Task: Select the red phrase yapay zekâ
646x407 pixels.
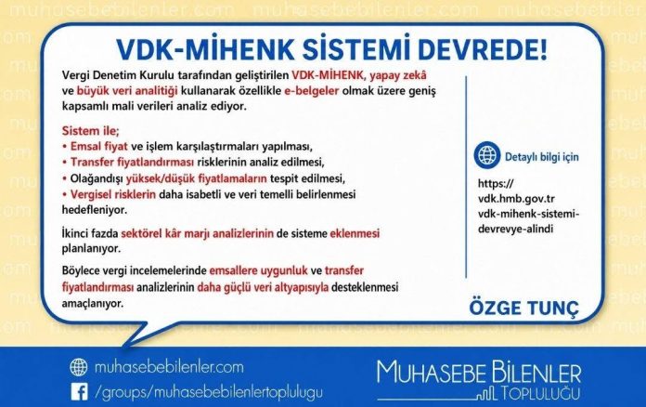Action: click(x=398, y=75)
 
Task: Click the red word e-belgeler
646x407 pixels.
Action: click(x=312, y=91)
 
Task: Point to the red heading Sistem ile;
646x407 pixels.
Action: click(x=91, y=131)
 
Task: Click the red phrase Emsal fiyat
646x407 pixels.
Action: click(x=99, y=147)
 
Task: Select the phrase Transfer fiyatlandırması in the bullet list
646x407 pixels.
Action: click(x=132, y=162)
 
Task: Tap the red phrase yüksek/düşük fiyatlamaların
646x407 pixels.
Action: click(x=197, y=179)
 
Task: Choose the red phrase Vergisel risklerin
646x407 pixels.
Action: click(x=113, y=194)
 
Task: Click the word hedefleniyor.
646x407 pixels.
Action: click(x=95, y=210)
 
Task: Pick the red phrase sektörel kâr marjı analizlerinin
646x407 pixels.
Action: click(x=198, y=234)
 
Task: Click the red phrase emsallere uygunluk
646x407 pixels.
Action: click(x=258, y=271)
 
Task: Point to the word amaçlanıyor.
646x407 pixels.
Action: click(x=93, y=304)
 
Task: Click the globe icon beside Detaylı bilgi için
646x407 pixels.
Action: click(x=487, y=155)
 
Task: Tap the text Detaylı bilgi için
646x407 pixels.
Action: click(x=542, y=157)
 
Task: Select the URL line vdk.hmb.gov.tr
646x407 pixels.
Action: click(x=516, y=199)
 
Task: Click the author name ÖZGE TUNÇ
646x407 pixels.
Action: click(x=524, y=308)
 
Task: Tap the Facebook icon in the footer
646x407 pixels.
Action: click(x=79, y=392)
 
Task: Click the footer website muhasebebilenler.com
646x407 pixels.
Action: click(x=169, y=367)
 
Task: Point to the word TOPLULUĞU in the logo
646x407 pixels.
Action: click(x=540, y=393)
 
